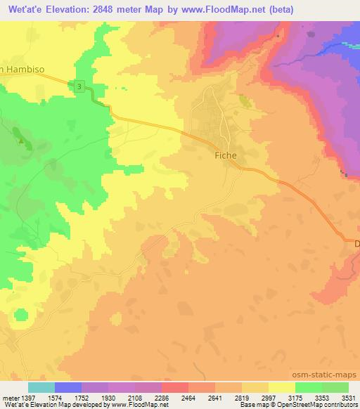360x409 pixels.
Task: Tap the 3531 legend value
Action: coord(348,397)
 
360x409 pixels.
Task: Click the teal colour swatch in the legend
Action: coord(41,387)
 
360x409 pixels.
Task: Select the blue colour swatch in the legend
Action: coord(68,387)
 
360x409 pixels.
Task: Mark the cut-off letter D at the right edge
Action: coord(356,243)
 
